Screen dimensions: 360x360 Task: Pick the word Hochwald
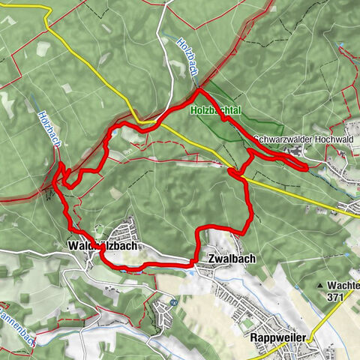tap(326, 139)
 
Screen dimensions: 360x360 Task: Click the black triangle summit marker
tap(320, 286)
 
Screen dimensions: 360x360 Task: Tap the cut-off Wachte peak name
tap(343, 286)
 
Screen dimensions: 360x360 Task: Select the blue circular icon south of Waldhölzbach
tap(172, 302)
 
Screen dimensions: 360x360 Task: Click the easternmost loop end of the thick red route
tap(305, 167)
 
